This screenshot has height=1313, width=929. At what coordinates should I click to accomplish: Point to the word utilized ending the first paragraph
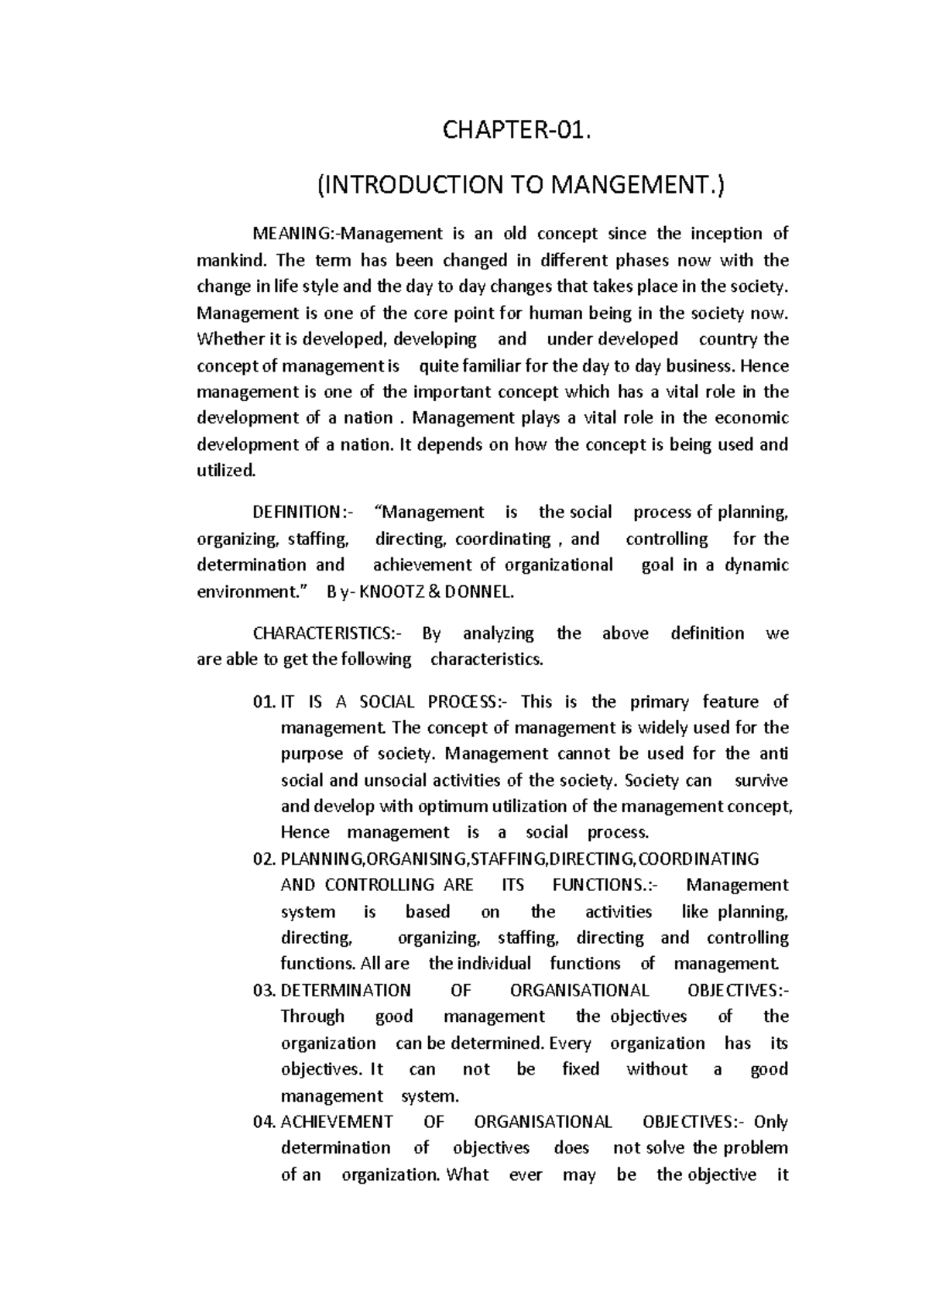pos(225,470)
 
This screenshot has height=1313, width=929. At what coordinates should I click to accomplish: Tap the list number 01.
pos(264,702)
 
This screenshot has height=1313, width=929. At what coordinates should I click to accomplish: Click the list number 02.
pos(264,859)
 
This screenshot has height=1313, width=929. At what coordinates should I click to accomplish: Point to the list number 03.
pos(264,991)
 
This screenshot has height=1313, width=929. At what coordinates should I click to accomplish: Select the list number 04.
pos(264,1122)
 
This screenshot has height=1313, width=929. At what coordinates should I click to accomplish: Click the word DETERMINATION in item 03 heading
pos(345,991)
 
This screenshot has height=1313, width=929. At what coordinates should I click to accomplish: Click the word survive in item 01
pos(761,780)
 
